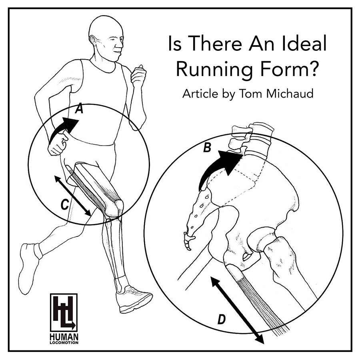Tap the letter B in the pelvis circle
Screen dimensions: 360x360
(207, 148)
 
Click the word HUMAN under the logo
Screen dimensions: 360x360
(64, 338)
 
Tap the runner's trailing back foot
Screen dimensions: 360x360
(30, 264)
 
